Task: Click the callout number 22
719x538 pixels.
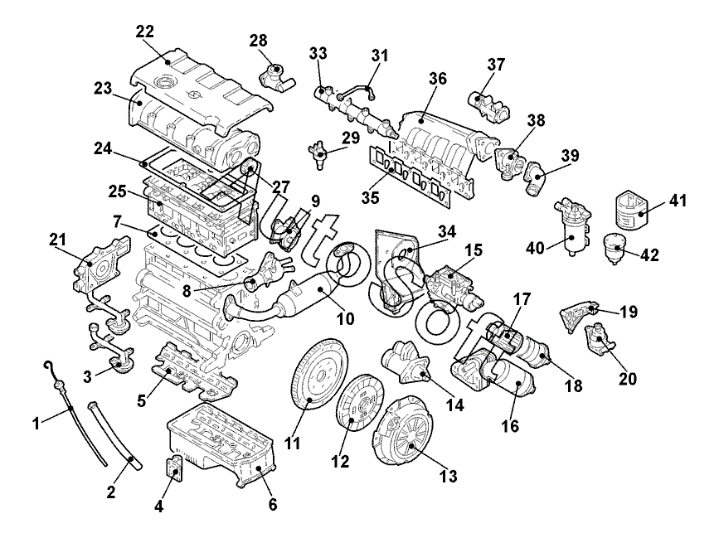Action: click(145, 31)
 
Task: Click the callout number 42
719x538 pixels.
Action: click(649, 256)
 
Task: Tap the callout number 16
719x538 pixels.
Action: click(509, 428)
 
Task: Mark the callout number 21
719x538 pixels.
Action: click(58, 240)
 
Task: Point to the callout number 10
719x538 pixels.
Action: click(346, 317)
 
